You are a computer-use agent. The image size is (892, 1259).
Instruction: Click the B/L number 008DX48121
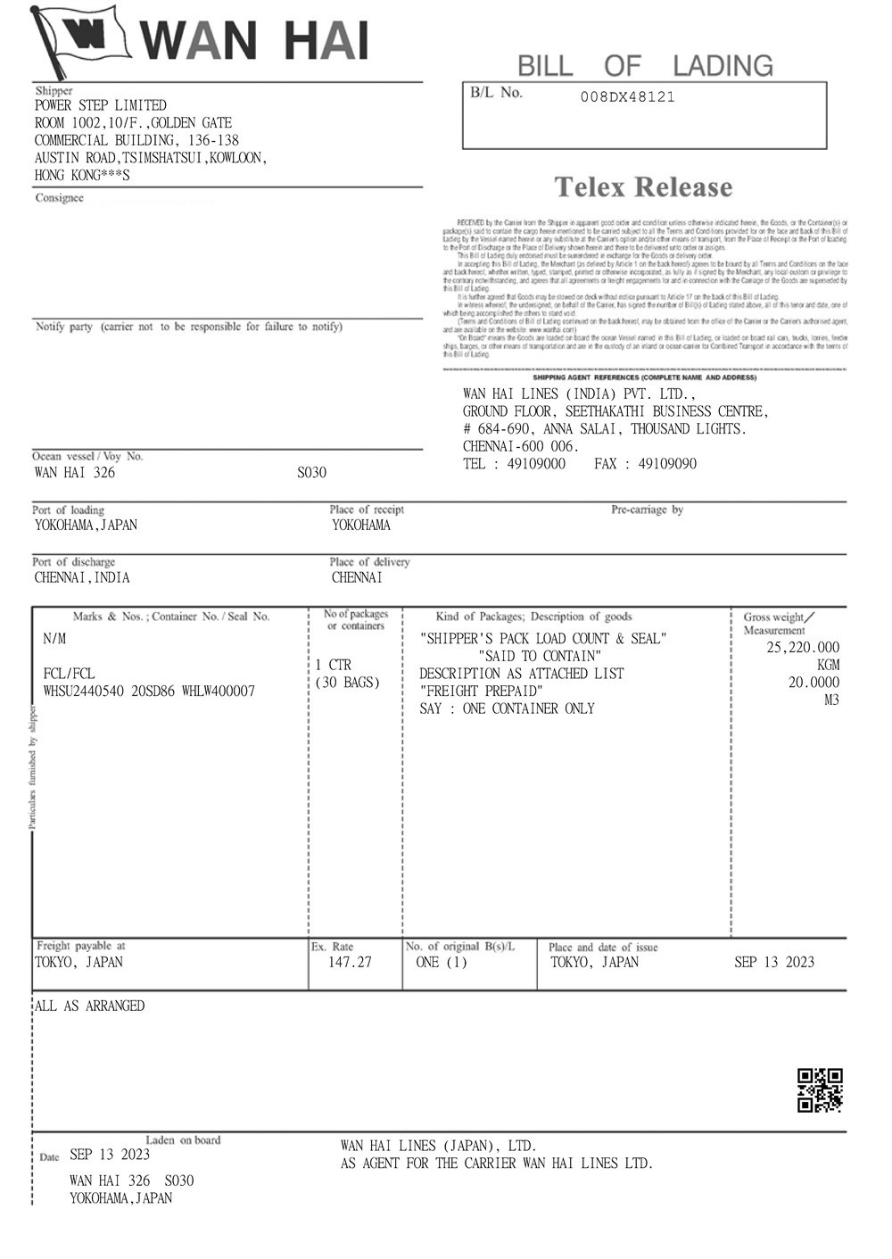point(627,97)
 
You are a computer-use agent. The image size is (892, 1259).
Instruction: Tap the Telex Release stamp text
point(643,187)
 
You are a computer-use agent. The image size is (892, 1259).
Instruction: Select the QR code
point(820,1089)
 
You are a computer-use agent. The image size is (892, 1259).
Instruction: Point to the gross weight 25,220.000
point(803,648)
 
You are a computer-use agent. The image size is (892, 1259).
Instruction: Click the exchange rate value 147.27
point(350,963)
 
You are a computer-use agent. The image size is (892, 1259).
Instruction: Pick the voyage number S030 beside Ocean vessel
point(312,473)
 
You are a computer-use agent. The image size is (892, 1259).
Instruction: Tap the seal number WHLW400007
point(218,692)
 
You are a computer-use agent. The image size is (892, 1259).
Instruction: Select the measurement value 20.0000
point(813,683)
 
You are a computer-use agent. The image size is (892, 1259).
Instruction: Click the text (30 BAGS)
point(348,683)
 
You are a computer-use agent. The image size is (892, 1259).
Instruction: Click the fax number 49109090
point(668,464)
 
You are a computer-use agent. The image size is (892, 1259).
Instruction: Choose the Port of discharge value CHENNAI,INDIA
point(82,578)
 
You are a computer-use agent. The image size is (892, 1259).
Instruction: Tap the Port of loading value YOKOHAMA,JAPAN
point(86,526)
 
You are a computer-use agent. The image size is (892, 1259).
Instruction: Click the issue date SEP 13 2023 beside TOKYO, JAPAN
point(774,963)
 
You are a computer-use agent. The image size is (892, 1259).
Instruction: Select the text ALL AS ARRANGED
point(89,1006)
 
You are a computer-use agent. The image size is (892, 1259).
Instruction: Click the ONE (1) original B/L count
point(442,963)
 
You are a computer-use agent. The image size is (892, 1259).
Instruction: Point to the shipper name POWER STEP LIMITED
point(100,105)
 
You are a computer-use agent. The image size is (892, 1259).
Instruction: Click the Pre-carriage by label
point(647,509)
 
